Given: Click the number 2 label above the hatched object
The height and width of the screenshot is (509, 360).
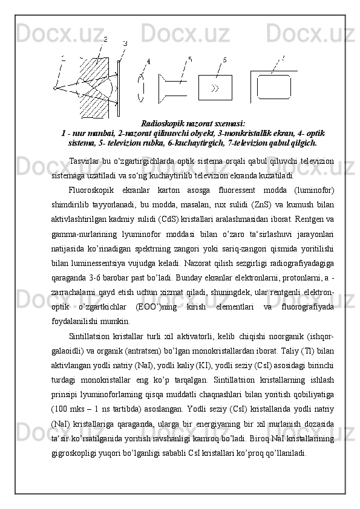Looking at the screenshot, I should click(105, 39).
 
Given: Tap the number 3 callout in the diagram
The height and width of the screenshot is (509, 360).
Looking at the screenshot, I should click(125, 44).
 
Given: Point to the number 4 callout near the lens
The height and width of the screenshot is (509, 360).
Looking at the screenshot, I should click(148, 61).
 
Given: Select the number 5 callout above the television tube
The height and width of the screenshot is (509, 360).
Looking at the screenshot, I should click(190, 59).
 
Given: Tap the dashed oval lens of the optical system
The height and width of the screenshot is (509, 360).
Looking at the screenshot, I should click(141, 88).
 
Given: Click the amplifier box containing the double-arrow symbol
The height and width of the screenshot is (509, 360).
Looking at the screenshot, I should click(215, 87).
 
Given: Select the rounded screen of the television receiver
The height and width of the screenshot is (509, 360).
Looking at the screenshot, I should click(273, 86).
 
